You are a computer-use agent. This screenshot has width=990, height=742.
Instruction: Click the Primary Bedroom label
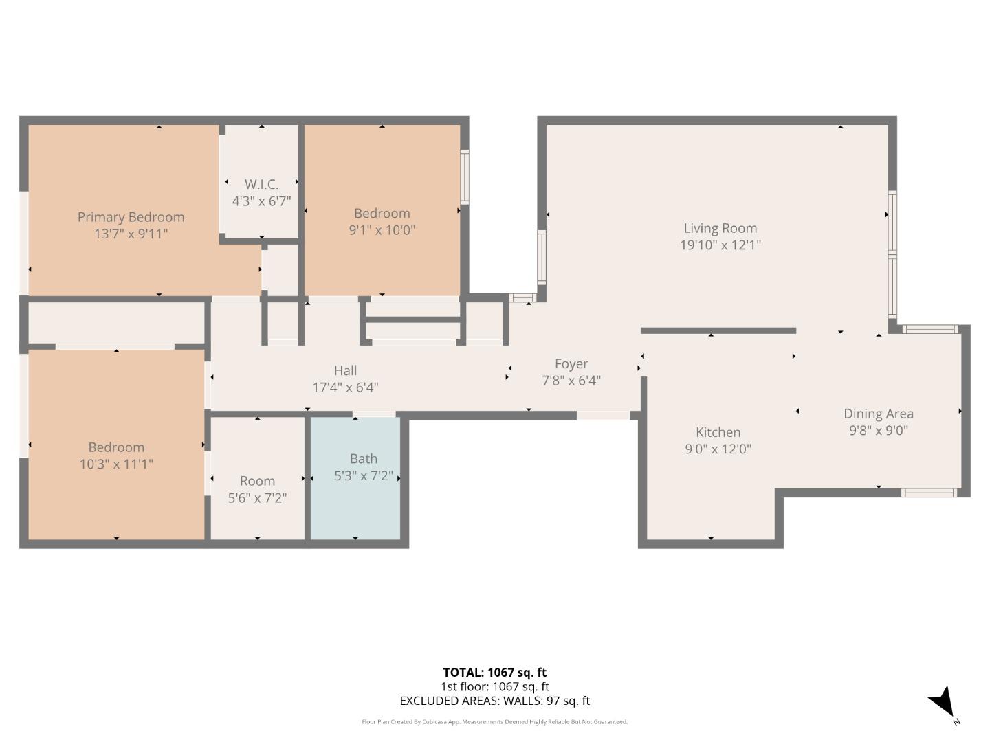(131, 217)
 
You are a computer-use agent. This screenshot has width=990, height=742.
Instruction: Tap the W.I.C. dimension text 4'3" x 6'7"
(261, 201)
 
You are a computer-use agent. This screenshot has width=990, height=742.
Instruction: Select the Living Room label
(720, 228)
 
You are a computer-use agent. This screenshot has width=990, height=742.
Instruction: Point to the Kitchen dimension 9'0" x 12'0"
(718, 449)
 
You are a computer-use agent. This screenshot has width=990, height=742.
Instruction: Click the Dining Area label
(878, 414)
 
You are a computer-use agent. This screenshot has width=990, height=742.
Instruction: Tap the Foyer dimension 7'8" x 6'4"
(571, 381)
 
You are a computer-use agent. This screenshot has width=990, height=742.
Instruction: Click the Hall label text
(345, 371)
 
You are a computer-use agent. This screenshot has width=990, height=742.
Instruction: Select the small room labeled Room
(257, 481)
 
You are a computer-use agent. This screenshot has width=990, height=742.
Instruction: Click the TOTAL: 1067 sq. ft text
(494, 673)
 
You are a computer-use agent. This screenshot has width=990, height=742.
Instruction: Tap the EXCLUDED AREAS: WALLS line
(494, 701)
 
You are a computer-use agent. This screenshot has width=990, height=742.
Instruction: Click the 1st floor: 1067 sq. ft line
(494, 686)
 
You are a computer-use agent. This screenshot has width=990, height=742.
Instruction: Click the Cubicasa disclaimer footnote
(494, 722)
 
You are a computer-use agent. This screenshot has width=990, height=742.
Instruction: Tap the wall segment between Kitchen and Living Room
(718, 330)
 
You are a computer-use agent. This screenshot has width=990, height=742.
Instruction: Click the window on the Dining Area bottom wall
(928, 493)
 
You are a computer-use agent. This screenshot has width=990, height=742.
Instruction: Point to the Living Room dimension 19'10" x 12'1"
(720, 245)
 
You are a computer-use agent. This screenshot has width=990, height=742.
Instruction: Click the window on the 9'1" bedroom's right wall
(465, 177)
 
